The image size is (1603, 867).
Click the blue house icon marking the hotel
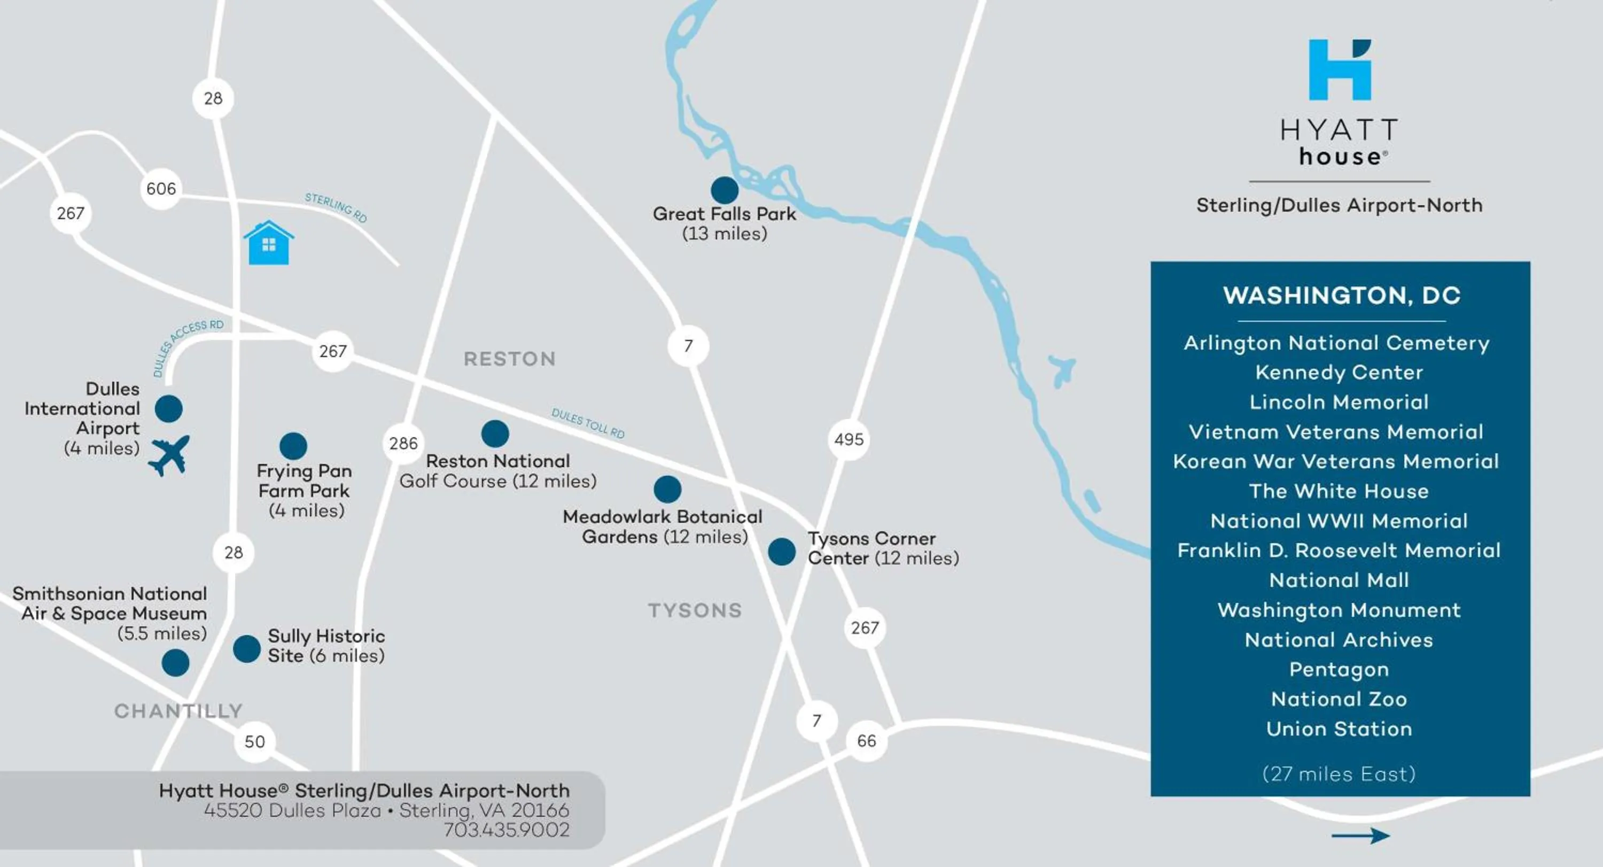[x=268, y=243]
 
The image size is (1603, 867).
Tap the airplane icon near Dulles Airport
[x=169, y=455]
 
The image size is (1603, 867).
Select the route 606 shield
[x=161, y=188]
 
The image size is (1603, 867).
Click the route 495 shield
[x=849, y=439]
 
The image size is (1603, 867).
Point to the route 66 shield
[x=866, y=741]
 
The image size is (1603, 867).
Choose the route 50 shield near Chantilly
[x=254, y=741]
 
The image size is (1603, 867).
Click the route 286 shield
[x=403, y=443]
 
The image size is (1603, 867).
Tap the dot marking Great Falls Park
[x=725, y=190]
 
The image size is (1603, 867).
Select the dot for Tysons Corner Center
[x=782, y=552]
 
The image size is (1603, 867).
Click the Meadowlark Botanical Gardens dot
[x=667, y=489]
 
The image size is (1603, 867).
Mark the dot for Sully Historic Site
[x=246, y=648]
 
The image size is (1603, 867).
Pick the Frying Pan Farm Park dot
[x=293, y=446]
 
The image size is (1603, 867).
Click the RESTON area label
[x=509, y=359]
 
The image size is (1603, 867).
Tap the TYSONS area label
[x=695, y=610]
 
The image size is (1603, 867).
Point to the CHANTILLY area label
[x=178, y=711]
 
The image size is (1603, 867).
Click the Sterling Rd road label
[x=336, y=207]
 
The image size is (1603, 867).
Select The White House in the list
[x=1339, y=491]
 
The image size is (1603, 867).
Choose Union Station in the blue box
[x=1339, y=729]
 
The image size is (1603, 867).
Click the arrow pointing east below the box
[x=1360, y=835]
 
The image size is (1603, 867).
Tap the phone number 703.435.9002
[x=506, y=830]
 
